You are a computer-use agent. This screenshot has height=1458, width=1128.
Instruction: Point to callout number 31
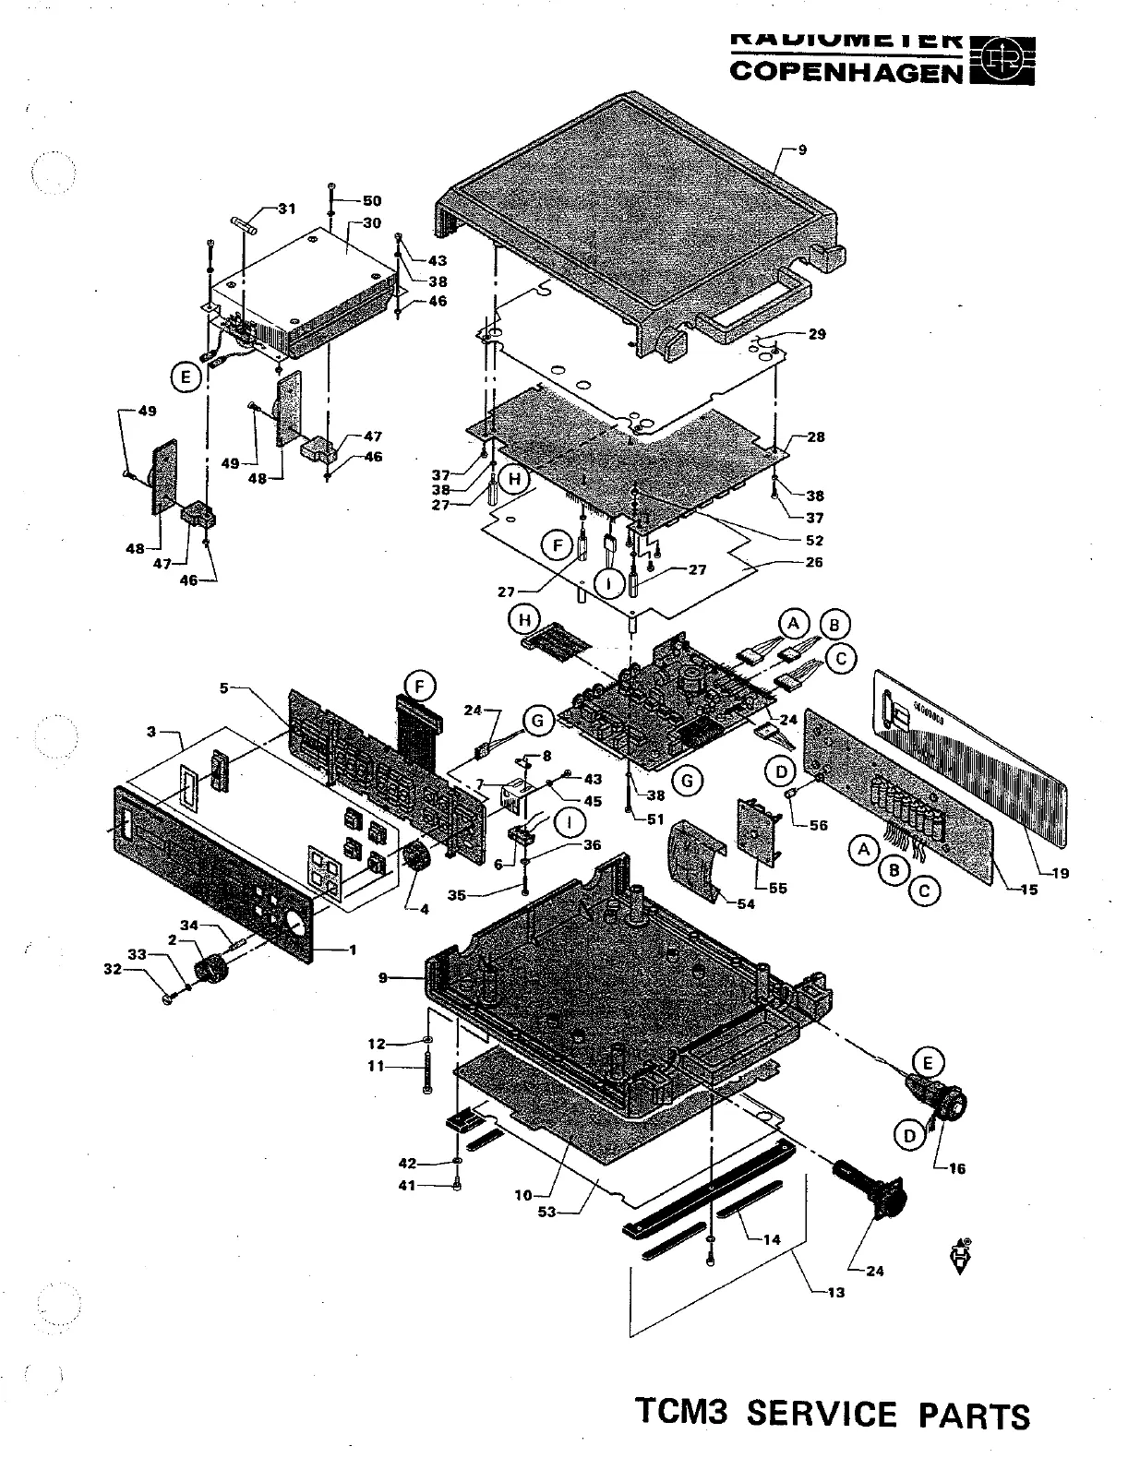coord(287,209)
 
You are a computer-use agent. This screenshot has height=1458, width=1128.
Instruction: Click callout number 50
coord(371,201)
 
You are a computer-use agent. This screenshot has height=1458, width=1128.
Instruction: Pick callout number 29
coord(816,334)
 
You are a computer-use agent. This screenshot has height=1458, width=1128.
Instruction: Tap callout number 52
coord(813,541)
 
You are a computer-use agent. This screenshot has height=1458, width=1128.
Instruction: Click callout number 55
coord(778,888)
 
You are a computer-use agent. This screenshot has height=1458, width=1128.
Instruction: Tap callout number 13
coord(835,1292)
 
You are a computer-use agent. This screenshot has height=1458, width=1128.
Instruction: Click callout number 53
coord(547,1212)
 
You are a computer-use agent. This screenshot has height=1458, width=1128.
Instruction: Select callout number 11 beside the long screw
coord(376,1066)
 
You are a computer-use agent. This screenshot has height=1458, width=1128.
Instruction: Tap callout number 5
coord(223,687)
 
